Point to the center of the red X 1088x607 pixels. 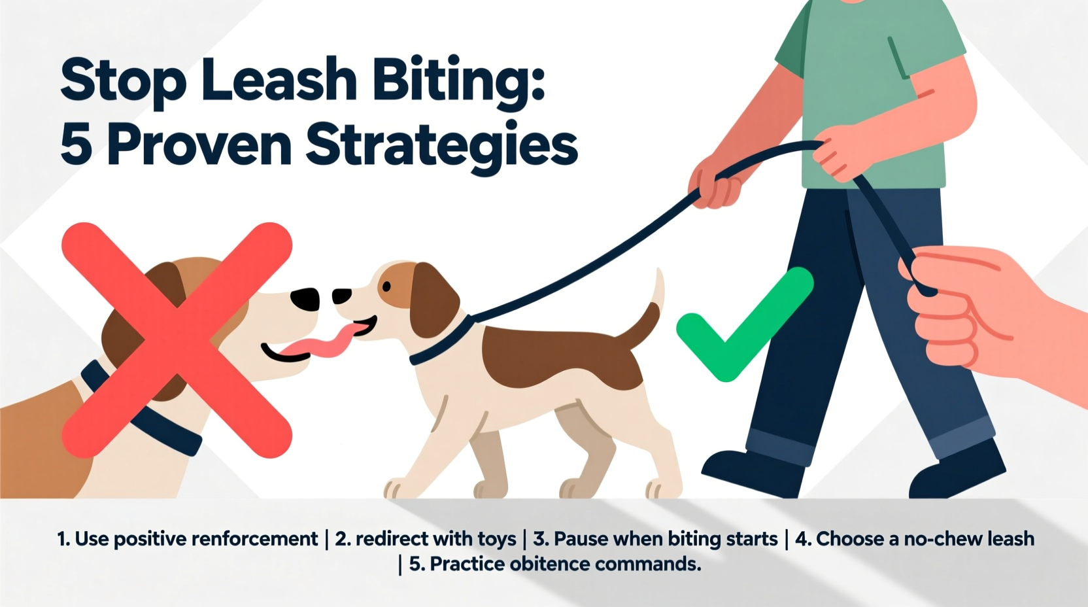click(x=177, y=339)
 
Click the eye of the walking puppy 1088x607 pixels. click(x=386, y=286)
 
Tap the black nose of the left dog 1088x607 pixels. click(x=304, y=299)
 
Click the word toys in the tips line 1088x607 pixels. click(x=497, y=539)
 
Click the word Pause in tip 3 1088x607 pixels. click(x=583, y=539)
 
